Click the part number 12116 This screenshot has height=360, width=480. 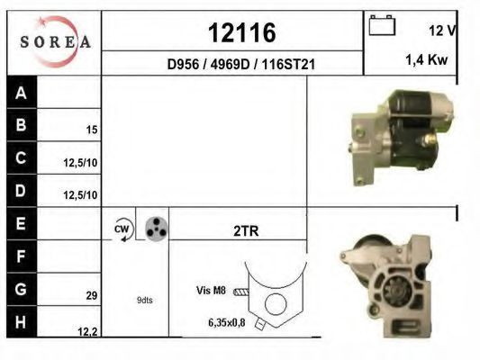click(242, 32)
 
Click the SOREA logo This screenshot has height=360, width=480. click(56, 41)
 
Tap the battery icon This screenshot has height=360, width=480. click(382, 26)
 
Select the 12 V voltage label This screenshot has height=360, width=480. click(442, 31)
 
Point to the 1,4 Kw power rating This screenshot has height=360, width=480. click(427, 59)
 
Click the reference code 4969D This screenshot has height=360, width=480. click(230, 64)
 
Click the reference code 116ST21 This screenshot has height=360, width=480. click(288, 64)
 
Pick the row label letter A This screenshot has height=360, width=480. click(21, 93)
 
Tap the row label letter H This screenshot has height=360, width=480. click(21, 322)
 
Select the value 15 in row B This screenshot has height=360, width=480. click(92, 130)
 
